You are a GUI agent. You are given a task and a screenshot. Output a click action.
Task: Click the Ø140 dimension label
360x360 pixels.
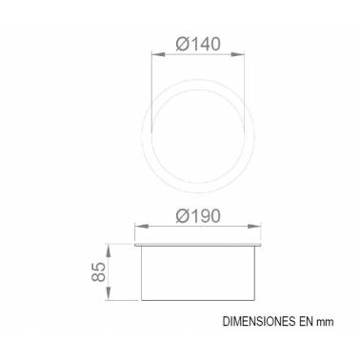[198, 44]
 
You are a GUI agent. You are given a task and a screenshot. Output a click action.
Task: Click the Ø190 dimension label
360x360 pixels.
[198, 216]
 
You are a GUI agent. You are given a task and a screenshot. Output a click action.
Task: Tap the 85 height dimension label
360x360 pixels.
[98, 271]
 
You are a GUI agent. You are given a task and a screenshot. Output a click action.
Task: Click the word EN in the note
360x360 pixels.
[307, 321]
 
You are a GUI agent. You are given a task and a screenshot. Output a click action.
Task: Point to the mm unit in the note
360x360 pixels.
[326, 323]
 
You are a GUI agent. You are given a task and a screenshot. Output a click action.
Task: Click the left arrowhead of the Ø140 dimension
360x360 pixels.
[159, 54]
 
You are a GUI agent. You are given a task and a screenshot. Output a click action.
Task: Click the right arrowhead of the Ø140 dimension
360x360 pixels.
[238, 54]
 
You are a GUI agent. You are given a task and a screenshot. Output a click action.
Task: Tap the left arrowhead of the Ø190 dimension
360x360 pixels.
[142, 227]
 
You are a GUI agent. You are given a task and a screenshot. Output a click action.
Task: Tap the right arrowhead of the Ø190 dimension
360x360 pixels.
[254, 227]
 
